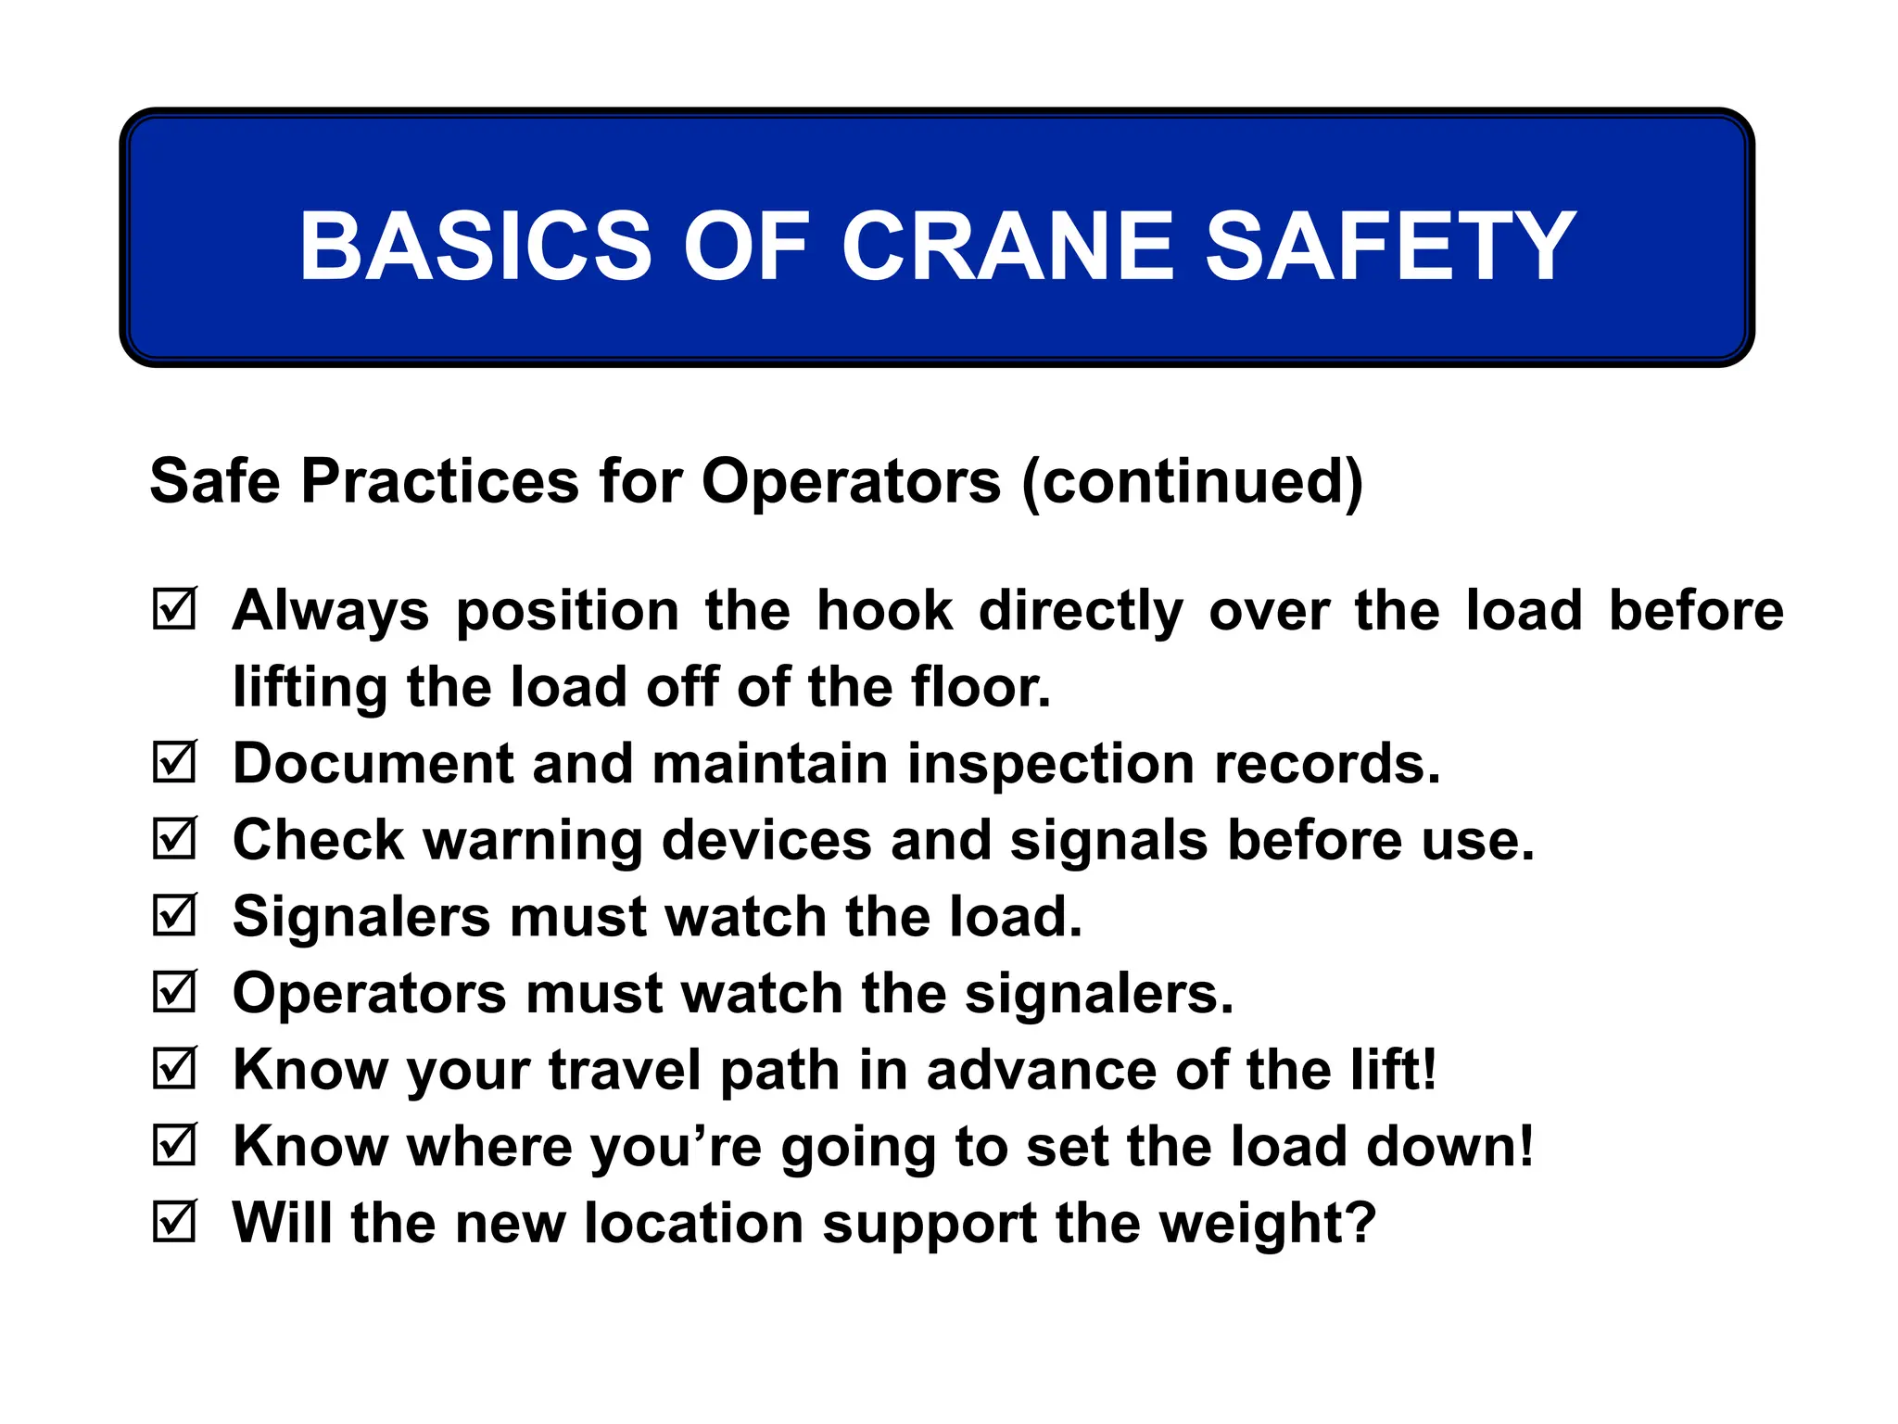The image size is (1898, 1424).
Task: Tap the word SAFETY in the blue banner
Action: click(x=1389, y=246)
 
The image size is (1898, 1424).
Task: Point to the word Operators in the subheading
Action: click(x=851, y=482)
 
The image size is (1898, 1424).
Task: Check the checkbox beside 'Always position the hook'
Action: click(x=174, y=609)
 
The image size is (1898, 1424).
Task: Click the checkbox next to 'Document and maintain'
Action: click(x=174, y=762)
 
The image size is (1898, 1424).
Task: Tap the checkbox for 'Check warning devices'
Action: click(x=174, y=839)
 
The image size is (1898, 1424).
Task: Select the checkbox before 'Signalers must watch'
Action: click(x=174, y=916)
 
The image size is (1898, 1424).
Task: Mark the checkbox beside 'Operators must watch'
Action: click(x=174, y=992)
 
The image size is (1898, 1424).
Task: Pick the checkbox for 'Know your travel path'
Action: click(x=174, y=1069)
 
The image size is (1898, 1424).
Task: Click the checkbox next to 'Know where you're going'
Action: click(x=174, y=1145)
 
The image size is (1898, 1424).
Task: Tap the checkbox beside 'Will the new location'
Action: click(x=174, y=1222)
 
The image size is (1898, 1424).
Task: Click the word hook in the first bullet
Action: click(x=884, y=611)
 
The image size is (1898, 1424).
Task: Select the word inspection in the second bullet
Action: click(x=1050, y=765)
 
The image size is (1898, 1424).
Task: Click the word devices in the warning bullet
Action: click(x=766, y=841)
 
